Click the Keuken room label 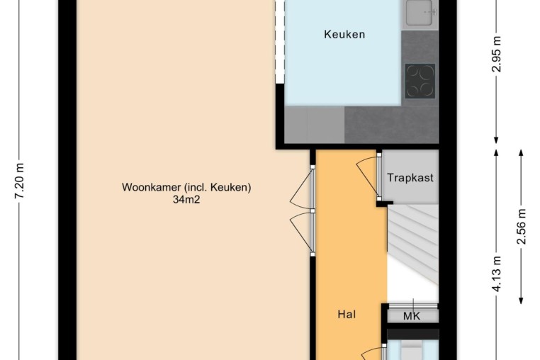[x=344, y=35]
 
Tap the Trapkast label [x=410, y=178]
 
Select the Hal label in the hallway [x=347, y=314]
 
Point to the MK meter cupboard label [x=412, y=316]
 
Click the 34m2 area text [x=186, y=199]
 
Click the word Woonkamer [x=151, y=187]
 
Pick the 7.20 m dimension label [x=20, y=181]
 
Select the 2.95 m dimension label [x=497, y=53]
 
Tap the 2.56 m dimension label [x=522, y=226]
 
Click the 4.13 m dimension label [x=497, y=274]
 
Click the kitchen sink [x=419, y=13]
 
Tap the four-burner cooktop [x=420, y=81]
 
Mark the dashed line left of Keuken [x=280, y=41]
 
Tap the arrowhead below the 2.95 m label [x=496, y=140]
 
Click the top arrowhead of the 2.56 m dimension [x=521, y=153]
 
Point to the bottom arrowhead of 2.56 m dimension [x=521, y=300]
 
